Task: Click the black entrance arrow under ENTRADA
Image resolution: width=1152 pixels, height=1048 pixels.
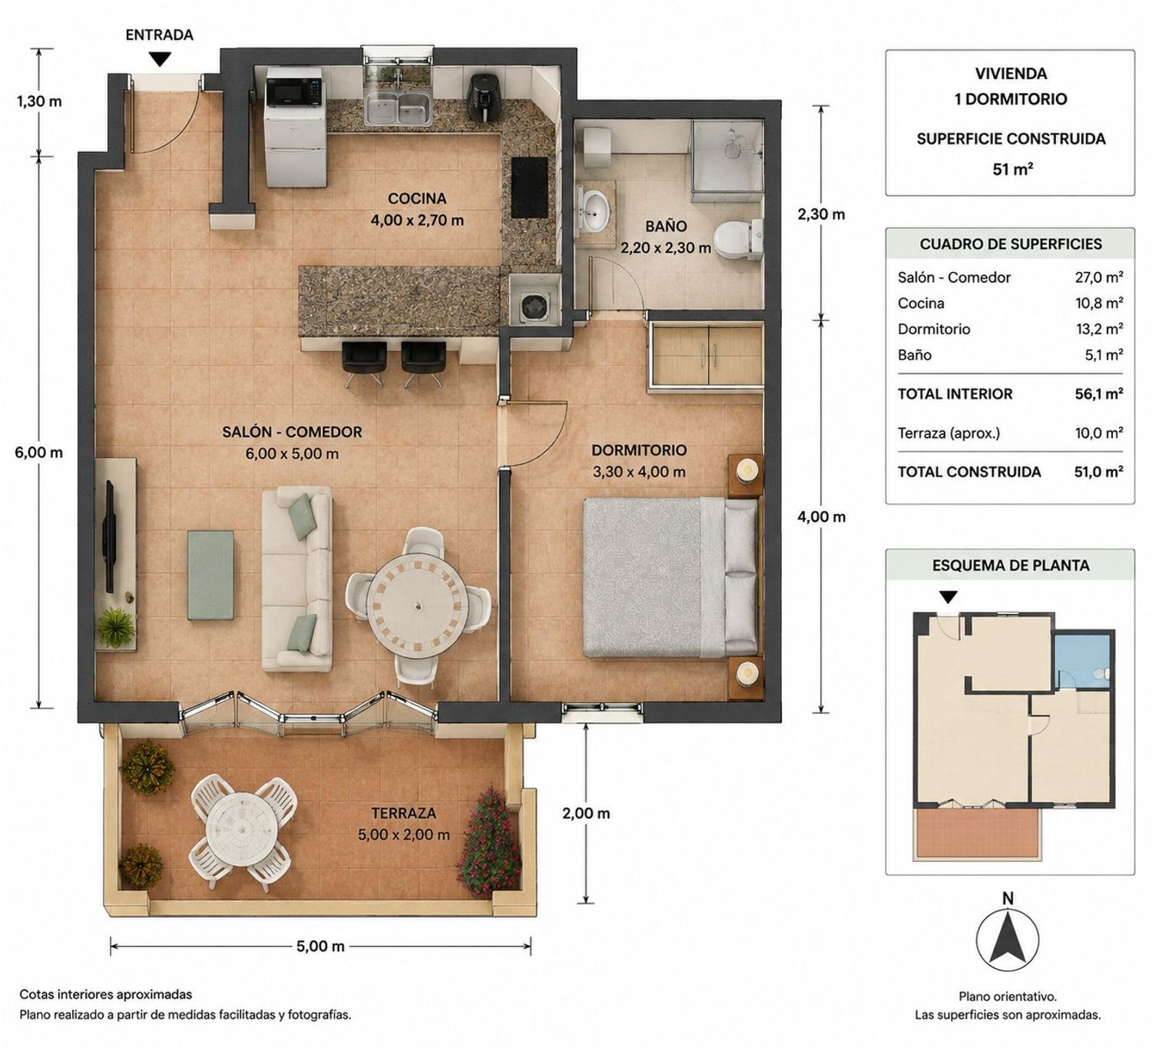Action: (160, 59)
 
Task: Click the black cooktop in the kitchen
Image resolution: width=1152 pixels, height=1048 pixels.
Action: (529, 188)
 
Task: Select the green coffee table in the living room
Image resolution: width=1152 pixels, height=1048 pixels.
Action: (210, 575)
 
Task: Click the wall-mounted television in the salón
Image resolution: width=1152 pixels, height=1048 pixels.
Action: (108, 536)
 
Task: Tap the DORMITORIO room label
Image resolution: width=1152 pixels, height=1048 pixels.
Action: (639, 450)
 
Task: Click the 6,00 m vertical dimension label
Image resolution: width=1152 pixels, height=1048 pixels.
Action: (38, 453)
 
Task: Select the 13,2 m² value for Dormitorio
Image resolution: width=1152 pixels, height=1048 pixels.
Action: (1098, 329)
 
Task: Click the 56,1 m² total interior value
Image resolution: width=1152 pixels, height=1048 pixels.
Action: (1098, 393)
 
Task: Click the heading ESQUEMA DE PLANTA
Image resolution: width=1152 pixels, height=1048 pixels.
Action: (1010, 565)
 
